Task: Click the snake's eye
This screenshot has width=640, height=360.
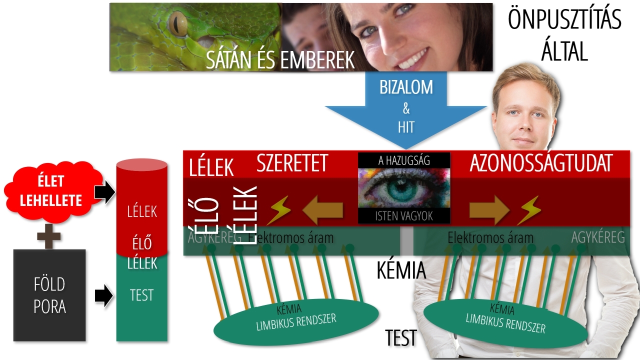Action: [177, 23]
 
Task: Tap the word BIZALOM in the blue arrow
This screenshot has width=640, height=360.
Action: [406, 87]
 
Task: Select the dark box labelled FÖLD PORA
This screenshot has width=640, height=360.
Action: [49, 295]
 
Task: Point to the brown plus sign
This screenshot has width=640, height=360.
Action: [49, 236]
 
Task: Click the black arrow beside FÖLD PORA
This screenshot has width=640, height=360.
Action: [104, 295]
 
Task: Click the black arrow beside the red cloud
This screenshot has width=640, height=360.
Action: [104, 192]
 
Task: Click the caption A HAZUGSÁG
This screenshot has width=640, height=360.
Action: [404, 160]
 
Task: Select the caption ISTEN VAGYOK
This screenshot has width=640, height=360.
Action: [404, 216]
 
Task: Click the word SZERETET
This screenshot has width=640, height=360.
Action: [292, 163]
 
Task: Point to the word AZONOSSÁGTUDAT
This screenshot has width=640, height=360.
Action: [541, 163]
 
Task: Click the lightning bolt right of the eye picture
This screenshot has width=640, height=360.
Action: [529, 210]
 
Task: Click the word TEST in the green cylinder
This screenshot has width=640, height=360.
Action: [141, 295]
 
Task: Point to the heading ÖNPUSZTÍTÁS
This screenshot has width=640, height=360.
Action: [564, 20]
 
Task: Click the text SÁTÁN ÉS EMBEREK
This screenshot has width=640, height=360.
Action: [280, 59]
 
